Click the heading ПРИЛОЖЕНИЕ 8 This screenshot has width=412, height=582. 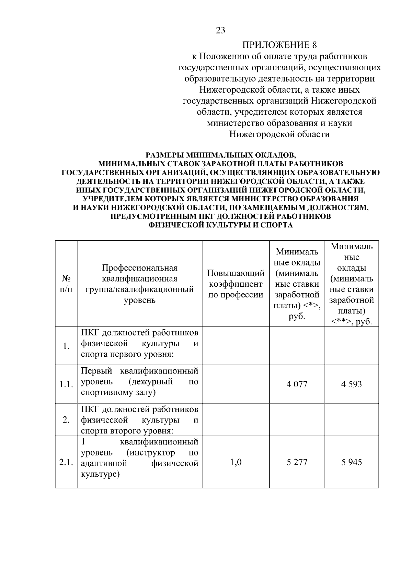(279, 45)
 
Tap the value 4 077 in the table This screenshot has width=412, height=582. (297, 384)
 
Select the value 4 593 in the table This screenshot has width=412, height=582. (352, 384)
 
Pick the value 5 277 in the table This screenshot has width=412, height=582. (297, 462)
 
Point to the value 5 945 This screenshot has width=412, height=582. (352, 462)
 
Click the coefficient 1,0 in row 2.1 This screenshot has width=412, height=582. (236, 462)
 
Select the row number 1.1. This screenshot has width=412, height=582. (66, 384)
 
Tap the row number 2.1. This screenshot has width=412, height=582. (66, 462)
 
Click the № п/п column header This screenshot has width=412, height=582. (66, 284)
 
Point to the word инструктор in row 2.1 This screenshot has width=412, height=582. (151, 453)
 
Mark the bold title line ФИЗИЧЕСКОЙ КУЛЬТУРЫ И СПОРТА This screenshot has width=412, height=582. (220, 225)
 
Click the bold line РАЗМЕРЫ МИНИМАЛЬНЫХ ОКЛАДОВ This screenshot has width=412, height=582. (220, 155)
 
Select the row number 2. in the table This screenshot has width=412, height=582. (66, 420)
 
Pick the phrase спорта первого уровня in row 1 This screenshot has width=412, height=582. (127, 354)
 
